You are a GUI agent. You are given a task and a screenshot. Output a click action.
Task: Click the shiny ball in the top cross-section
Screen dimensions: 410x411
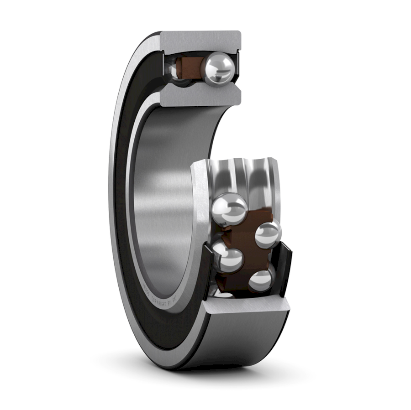218,68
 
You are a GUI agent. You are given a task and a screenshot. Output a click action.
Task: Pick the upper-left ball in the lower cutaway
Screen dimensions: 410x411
229,209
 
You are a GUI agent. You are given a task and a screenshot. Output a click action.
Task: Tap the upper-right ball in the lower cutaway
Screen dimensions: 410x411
268,234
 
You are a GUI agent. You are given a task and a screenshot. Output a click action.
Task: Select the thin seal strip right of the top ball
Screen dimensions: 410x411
237,68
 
